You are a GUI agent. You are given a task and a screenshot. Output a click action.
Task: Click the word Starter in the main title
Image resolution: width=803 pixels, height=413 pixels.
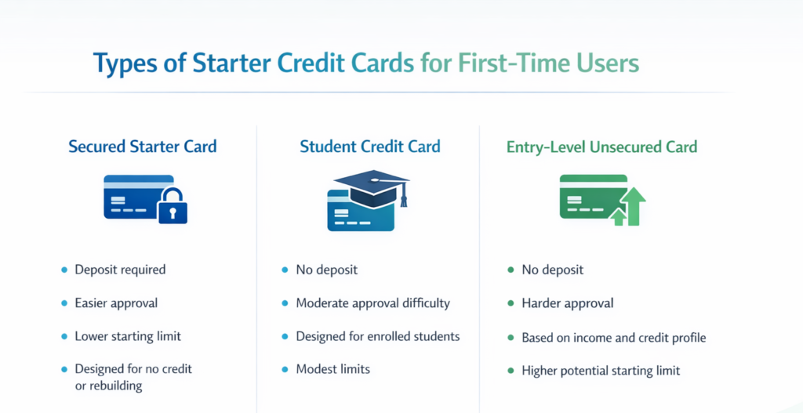point(226,63)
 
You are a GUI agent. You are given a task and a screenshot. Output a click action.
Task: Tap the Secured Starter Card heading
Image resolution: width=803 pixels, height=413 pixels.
point(143,147)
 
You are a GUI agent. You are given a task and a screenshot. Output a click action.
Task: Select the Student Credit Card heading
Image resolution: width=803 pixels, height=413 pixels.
point(370,147)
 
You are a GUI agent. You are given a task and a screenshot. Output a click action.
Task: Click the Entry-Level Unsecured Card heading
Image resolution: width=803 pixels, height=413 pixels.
point(601,147)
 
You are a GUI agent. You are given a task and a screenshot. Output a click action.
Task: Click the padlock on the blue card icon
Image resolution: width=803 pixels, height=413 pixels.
point(173,205)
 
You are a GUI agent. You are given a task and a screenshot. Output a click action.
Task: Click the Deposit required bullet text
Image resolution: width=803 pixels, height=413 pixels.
point(120,270)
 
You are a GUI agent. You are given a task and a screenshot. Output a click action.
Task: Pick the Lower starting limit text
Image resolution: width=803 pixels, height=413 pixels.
point(128,336)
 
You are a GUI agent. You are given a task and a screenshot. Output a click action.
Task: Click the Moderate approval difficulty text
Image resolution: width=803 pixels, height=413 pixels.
point(372,303)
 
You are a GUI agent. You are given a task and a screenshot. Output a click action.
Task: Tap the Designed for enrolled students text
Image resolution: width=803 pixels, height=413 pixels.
point(377,336)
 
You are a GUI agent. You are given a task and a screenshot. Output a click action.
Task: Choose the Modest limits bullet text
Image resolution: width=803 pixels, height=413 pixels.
point(332,369)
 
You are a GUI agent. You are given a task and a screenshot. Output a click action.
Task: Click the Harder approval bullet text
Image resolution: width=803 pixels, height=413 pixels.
point(568,303)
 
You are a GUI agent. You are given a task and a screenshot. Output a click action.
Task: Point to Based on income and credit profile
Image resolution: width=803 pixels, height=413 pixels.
point(614,338)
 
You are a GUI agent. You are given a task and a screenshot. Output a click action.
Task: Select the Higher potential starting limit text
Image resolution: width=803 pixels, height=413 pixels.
point(601,371)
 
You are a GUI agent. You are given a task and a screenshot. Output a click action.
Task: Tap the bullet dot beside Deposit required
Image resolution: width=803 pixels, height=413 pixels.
point(64,270)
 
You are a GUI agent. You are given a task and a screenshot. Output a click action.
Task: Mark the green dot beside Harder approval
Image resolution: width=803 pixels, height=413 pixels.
point(511,303)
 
